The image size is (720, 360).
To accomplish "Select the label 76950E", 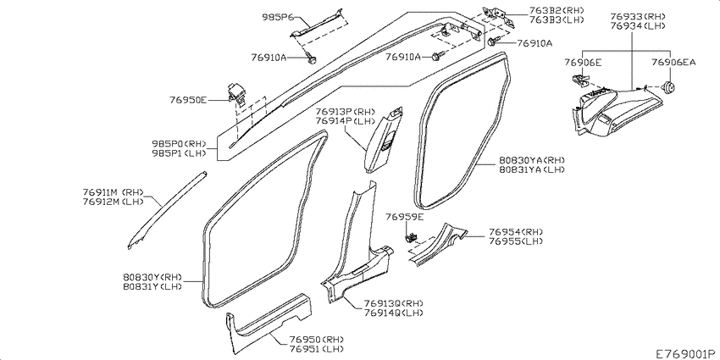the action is point(188,100).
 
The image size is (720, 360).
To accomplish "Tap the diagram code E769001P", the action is point(685,353).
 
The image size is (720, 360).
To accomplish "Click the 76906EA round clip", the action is point(669,86).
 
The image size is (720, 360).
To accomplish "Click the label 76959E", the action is point(405,216).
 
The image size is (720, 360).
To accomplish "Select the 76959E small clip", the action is point(411,237).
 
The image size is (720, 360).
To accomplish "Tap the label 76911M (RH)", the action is point(114,192).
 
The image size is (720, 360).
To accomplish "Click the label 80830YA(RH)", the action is point(531,160).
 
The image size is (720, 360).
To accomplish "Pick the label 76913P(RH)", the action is point(346,111).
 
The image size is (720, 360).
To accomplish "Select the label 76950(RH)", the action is point(317,340).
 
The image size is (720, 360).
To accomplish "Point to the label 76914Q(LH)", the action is point(394,313).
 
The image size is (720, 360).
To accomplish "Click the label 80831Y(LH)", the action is point(152,286).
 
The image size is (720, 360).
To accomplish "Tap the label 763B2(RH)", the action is point(557,10).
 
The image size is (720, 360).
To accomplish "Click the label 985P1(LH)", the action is point(179,152).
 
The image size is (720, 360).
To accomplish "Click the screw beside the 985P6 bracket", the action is point(311,58).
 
